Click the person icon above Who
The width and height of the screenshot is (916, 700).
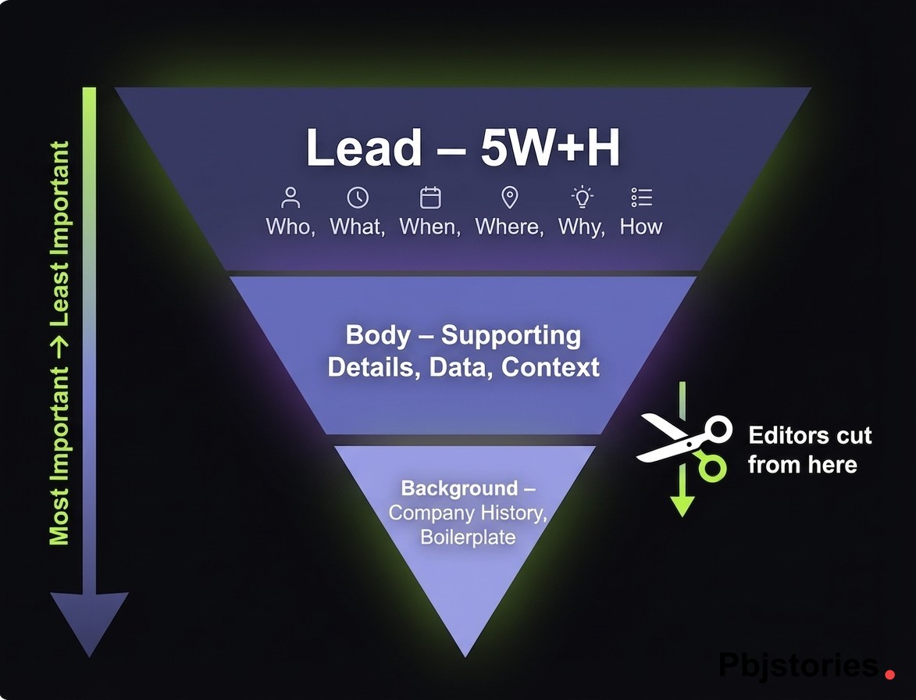click(291, 197)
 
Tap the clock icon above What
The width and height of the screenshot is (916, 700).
click(358, 197)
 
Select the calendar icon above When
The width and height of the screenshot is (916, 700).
click(430, 197)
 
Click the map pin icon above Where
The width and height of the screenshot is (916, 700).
click(510, 197)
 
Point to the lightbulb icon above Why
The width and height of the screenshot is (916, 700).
click(582, 197)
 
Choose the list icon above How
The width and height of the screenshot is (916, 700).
click(641, 197)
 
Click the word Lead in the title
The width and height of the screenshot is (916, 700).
click(363, 148)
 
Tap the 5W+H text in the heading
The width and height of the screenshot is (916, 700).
click(550, 148)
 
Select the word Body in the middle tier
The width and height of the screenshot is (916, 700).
click(378, 336)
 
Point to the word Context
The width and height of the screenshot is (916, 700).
click(551, 367)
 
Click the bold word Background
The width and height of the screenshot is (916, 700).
click(459, 489)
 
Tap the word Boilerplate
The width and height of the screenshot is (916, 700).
click(468, 537)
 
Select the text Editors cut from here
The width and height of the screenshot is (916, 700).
click(809, 450)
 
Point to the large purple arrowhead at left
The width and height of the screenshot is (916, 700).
click(89, 621)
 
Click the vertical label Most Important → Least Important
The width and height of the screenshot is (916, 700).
click(59, 344)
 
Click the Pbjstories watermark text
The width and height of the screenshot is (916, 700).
click(798, 666)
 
